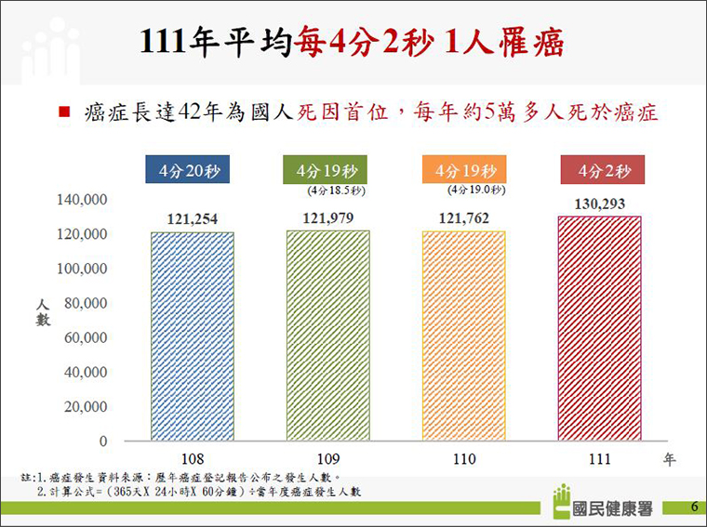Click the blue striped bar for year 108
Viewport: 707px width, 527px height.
[x=193, y=336]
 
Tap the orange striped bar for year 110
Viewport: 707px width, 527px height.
[x=464, y=336]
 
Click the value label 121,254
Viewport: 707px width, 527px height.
[x=193, y=219]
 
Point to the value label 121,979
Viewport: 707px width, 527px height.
[x=328, y=218]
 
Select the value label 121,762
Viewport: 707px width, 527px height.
[x=464, y=219]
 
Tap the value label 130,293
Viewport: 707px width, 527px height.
[x=599, y=204]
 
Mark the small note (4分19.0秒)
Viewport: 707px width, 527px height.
[x=475, y=191]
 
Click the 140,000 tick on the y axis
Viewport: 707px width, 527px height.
[x=84, y=199]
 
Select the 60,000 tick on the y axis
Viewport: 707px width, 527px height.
[x=87, y=337]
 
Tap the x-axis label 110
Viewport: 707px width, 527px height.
[x=464, y=459]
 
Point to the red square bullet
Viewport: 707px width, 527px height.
[x=63, y=112]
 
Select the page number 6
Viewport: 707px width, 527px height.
[x=694, y=507]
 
